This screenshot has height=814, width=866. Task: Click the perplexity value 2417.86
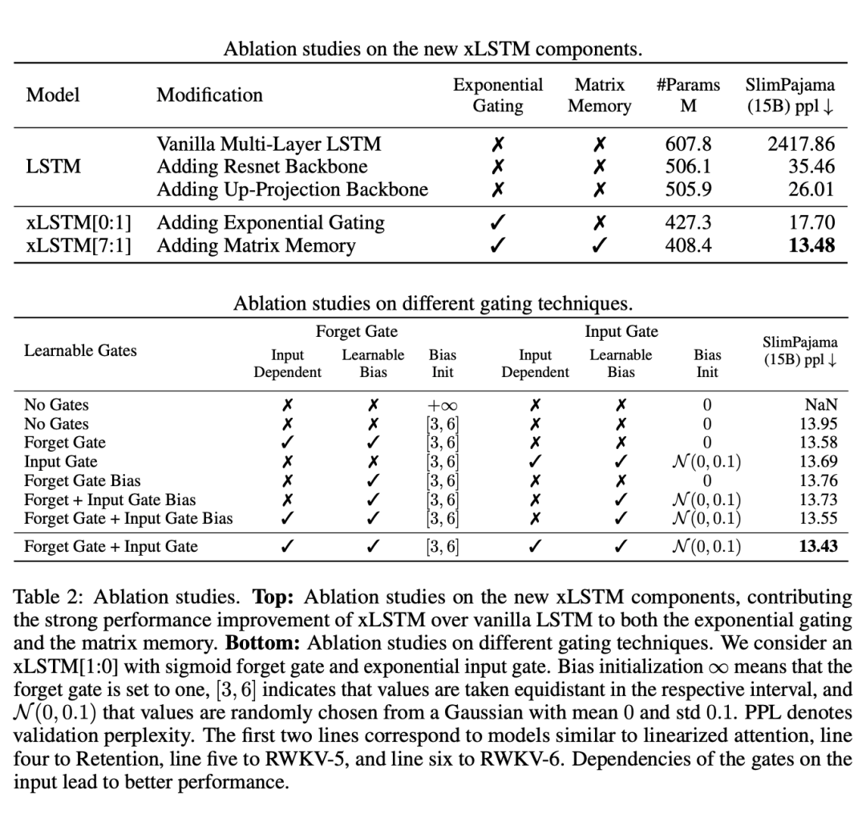click(801, 144)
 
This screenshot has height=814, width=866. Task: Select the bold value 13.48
click(811, 245)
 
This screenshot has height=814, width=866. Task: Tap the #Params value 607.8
click(688, 144)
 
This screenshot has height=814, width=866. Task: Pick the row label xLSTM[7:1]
click(78, 245)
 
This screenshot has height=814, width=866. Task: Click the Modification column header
click(209, 95)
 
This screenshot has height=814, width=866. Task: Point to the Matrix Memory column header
click(599, 95)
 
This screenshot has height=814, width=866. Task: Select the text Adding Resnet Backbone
click(261, 167)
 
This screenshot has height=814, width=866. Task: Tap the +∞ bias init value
click(442, 406)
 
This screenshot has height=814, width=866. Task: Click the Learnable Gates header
click(80, 350)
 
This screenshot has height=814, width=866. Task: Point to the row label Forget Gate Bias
click(82, 481)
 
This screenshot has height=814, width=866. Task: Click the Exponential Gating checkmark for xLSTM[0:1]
click(497, 223)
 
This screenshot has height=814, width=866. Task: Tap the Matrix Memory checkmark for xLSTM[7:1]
click(599, 245)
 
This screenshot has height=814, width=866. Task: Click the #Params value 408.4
click(688, 245)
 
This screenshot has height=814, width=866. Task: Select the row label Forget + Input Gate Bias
click(110, 500)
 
